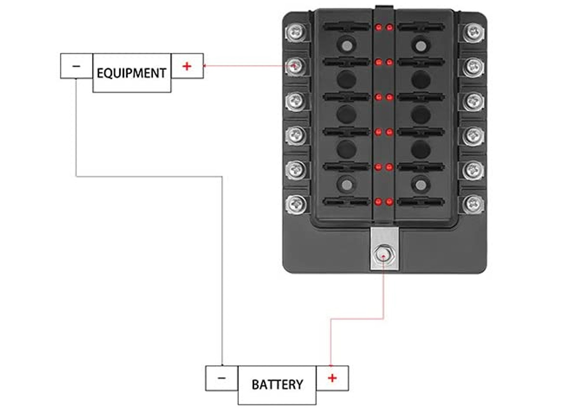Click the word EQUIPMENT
[131, 73]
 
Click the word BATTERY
[277, 384]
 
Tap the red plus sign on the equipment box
[187, 66]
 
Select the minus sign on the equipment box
[76, 66]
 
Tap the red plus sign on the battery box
[332, 378]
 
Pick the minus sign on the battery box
[221, 378]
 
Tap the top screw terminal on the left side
[295, 32]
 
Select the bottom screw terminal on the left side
[295, 204]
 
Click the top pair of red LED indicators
[384, 26]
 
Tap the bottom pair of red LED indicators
[384, 202]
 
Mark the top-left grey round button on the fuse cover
[346, 45]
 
